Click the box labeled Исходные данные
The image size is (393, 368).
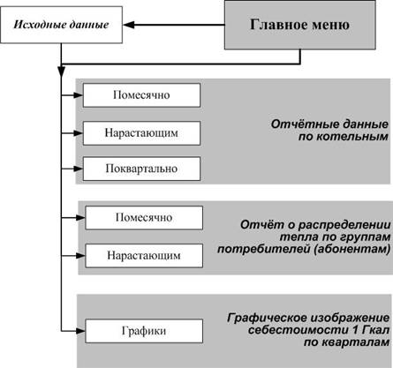(61, 25)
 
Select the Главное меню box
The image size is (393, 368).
(300, 25)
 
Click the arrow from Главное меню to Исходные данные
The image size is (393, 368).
(174, 25)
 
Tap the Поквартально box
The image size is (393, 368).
(141, 169)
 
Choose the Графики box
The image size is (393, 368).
(144, 331)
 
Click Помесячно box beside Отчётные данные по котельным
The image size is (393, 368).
(141, 95)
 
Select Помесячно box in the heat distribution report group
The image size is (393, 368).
(144, 218)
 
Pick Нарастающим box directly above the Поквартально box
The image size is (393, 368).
(141, 133)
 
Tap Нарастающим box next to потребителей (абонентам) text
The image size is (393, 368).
(144, 256)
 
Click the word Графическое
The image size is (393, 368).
(267, 318)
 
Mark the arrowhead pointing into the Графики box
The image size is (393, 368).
(80, 331)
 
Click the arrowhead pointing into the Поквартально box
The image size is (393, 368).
(79, 169)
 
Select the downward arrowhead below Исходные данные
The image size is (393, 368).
(61, 72)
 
